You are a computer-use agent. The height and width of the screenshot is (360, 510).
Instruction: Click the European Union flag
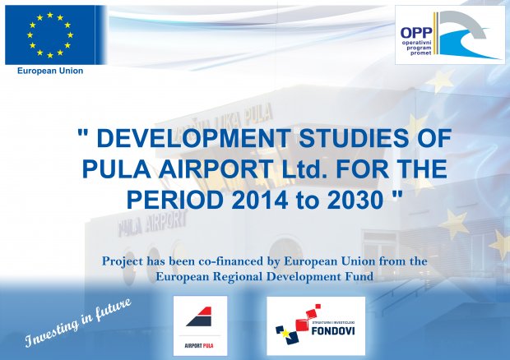click(50, 35)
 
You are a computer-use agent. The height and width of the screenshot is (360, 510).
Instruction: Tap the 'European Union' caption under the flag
click(50, 71)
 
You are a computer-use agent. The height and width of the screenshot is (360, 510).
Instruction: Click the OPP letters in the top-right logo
click(416, 33)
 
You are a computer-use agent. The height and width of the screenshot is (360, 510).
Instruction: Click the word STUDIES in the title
click(353, 138)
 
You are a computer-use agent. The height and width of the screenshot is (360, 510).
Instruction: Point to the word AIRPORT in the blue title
click(216, 169)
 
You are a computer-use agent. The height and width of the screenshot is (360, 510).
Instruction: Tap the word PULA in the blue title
click(116, 169)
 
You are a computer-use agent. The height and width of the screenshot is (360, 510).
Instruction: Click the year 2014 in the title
click(260, 200)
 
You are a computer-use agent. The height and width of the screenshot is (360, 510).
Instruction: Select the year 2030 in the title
click(355, 200)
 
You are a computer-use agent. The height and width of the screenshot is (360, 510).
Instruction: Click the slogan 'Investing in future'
click(78, 322)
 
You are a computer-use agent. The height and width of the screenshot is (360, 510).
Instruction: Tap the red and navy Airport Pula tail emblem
click(199, 316)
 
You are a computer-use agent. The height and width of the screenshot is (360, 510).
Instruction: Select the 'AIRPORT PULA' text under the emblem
click(199, 346)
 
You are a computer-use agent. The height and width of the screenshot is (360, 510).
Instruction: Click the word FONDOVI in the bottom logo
click(333, 331)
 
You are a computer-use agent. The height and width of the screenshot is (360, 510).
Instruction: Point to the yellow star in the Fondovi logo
click(285, 333)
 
